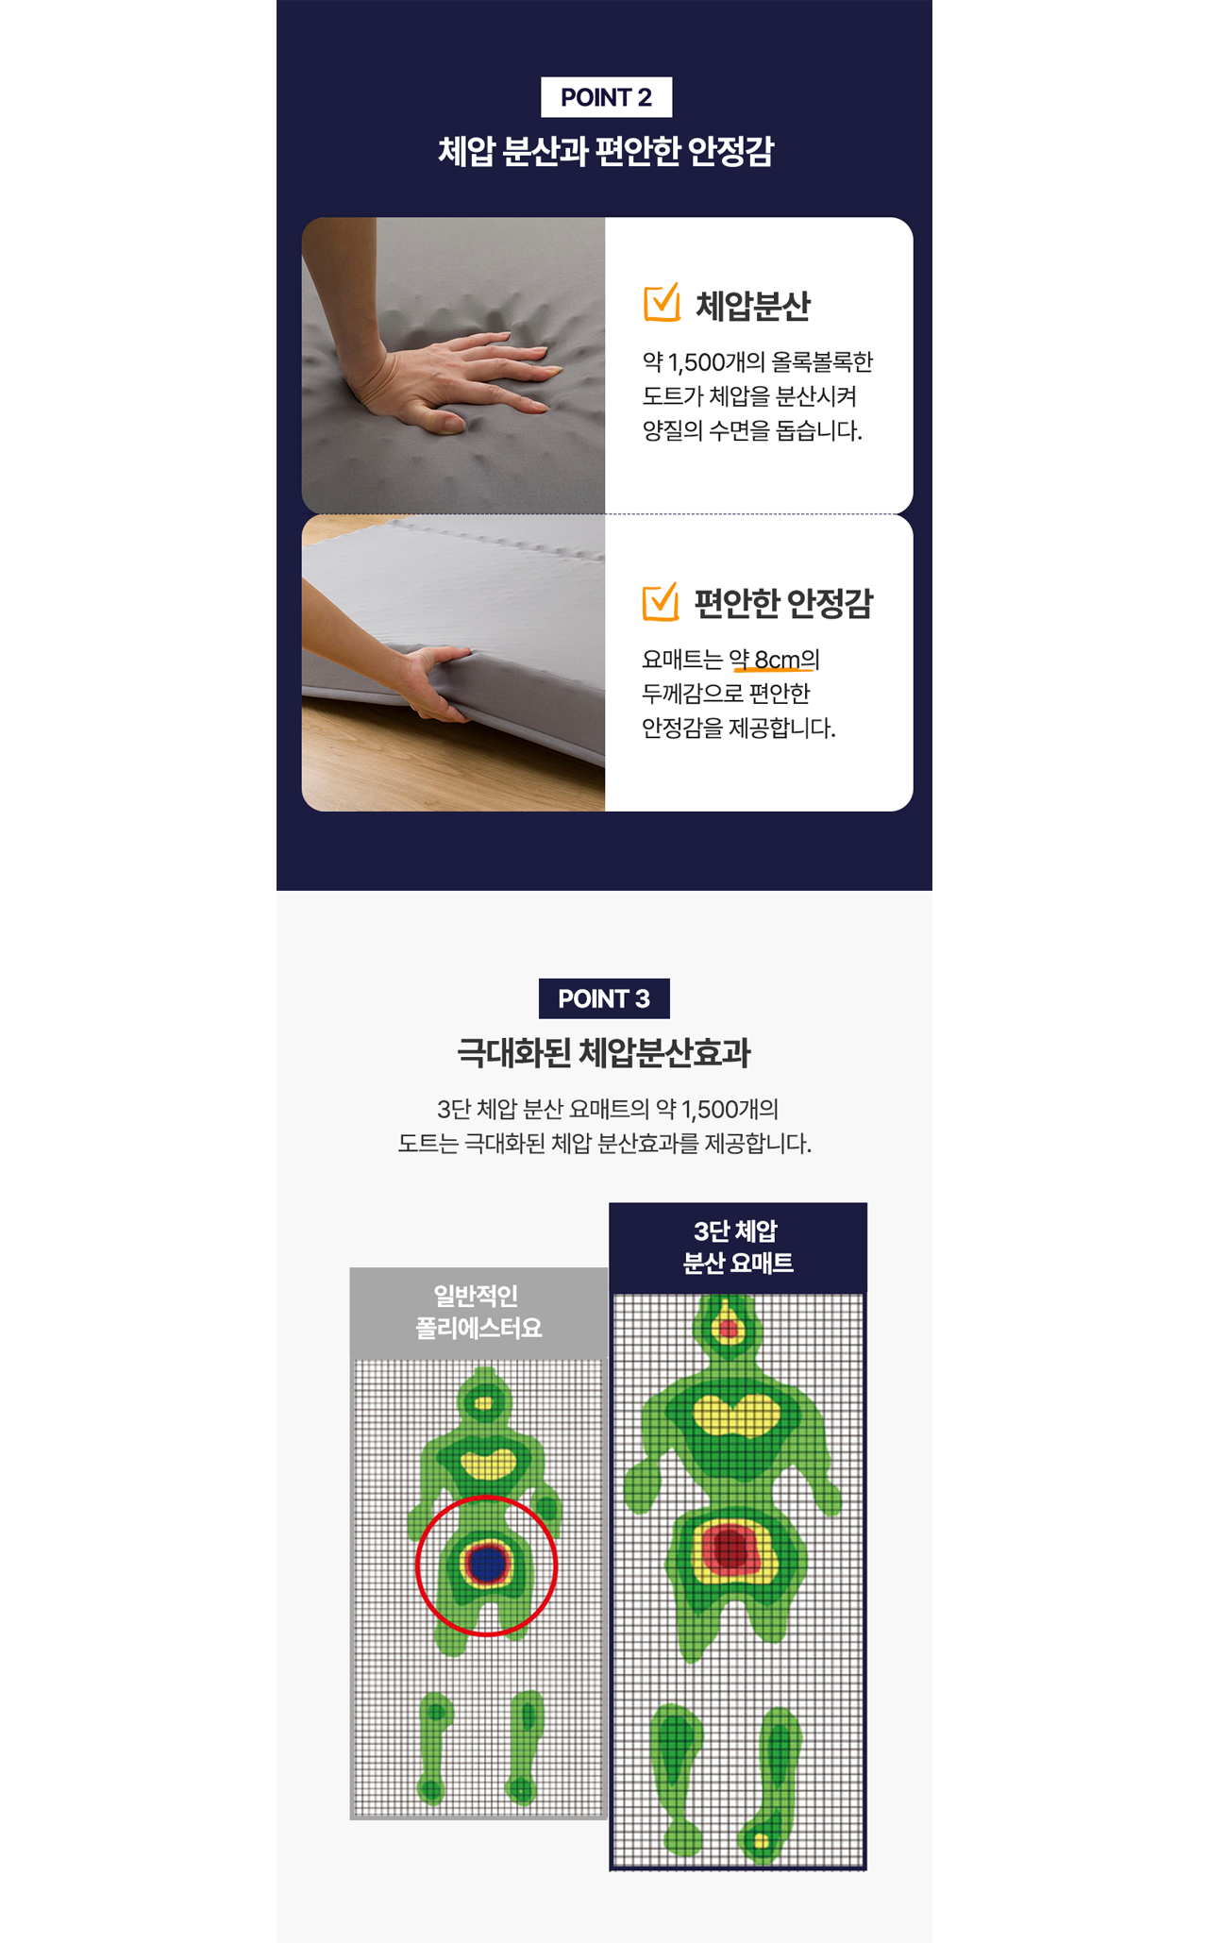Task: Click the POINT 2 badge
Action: (x=606, y=97)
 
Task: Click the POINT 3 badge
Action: (x=604, y=998)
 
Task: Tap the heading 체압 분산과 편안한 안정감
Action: (x=605, y=151)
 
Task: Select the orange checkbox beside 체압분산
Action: (x=662, y=303)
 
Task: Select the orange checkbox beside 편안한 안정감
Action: (x=661, y=601)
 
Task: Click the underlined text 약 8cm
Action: (x=764, y=660)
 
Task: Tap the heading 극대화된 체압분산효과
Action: (x=604, y=1052)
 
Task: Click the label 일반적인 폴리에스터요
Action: (x=478, y=1312)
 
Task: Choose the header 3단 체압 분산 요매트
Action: (x=738, y=1247)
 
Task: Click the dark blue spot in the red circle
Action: (x=487, y=1563)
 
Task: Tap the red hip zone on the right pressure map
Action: (x=730, y=1549)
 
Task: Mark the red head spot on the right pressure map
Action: (x=729, y=1329)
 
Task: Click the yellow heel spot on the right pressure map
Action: (x=761, y=1840)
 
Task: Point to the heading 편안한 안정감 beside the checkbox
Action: (x=784, y=603)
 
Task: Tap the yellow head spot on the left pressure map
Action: (x=484, y=1403)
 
